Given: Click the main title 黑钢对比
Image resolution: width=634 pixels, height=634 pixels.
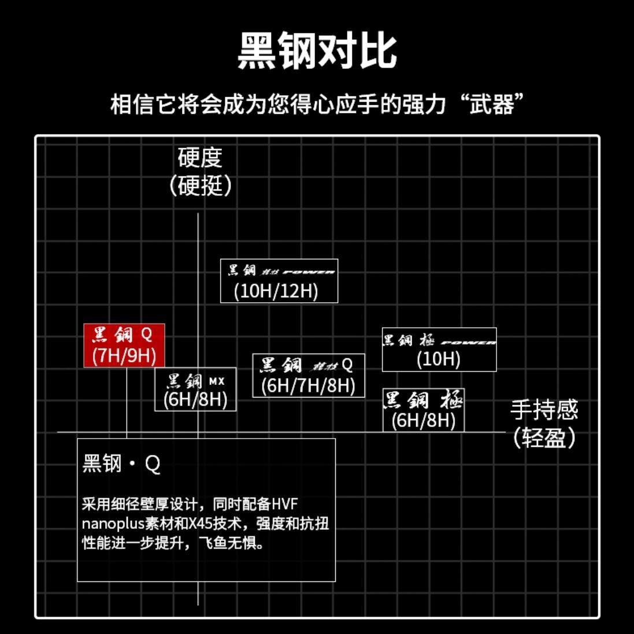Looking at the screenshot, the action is point(317,51).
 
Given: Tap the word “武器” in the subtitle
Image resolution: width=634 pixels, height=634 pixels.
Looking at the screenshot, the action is point(491,105).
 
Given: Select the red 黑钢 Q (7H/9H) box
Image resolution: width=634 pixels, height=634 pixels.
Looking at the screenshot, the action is point(124,345).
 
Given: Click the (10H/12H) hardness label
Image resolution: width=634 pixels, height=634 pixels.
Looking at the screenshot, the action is point(276,291).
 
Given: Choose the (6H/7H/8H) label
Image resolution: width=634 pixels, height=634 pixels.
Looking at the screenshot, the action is point(308,385).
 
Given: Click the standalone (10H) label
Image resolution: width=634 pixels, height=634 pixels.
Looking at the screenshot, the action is point(439,359).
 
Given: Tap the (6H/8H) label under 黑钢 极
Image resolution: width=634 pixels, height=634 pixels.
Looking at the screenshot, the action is point(424,420).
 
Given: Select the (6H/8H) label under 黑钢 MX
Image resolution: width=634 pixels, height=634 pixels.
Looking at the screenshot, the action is point(195,399).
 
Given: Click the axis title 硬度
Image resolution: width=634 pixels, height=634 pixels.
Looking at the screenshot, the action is point(199,157).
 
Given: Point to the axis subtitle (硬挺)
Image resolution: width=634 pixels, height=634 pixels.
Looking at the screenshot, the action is point(201,186).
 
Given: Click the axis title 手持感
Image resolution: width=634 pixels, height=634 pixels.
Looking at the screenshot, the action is point(544,410).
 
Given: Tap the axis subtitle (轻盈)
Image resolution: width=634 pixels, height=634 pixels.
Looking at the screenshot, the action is point(544,438).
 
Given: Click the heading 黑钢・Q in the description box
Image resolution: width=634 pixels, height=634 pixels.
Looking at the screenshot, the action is point(121,464).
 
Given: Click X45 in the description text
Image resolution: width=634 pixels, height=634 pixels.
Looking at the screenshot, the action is point(208,524).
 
